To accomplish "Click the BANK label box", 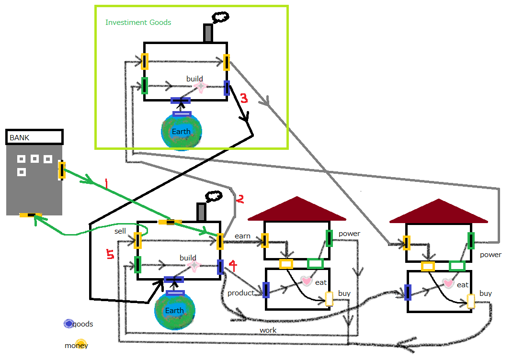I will pyautogui.click(x=34, y=137).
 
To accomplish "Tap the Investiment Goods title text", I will pyautogui.click(x=138, y=22).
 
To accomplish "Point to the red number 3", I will pyautogui.click(x=244, y=99).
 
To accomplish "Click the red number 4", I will pyautogui.click(x=232, y=264).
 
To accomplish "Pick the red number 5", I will pyautogui.click(x=110, y=255).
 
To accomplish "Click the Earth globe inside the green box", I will pyautogui.click(x=181, y=131).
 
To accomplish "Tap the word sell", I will pyautogui.click(x=120, y=231).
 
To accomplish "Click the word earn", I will pyautogui.click(x=242, y=236).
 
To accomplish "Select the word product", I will pyautogui.click(x=240, y=293).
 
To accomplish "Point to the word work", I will pyautogui.click(x=268, y=330).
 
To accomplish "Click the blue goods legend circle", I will pyautogui.click(x=69, y=324).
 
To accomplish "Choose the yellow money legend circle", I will pyautogui.click(x=80, y=343).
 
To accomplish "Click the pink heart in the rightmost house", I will pyautogui.click(x=448, y=283).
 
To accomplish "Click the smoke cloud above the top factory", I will pyautogui.click(x=218, y=18).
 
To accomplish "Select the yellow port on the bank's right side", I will pyautogui.click(x=62, y=170).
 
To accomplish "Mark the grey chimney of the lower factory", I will pyautogui.click(x=201, y=212).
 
